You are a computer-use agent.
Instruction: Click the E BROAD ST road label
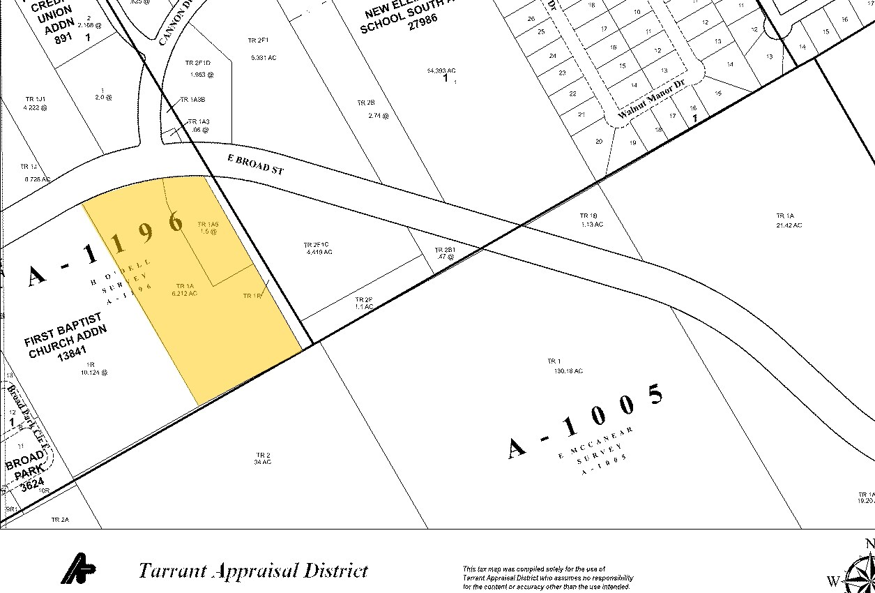255,164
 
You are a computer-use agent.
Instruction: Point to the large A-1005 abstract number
586,421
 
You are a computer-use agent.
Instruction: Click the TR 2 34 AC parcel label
263,458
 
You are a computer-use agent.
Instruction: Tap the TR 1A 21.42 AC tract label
788,220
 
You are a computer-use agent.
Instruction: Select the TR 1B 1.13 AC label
591,220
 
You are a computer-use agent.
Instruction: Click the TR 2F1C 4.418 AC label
317,248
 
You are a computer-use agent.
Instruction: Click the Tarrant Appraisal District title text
252,571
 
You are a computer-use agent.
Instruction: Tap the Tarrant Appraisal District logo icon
78,569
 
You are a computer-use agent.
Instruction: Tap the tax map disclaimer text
547,578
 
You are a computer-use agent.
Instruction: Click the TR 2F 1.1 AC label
363,303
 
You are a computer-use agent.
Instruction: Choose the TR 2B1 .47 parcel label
444,253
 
